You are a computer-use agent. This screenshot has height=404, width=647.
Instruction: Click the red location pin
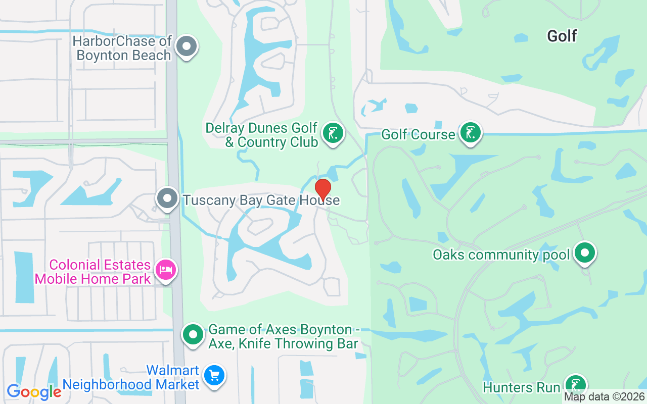323,189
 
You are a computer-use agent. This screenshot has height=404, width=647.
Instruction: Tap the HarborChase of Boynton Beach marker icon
187,47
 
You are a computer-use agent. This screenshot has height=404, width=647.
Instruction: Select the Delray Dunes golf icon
333,134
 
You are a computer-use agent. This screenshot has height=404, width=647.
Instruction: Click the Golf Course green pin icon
471,133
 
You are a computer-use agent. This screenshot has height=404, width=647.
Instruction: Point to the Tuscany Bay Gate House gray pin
167,199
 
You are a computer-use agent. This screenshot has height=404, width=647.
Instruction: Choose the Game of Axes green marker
193,334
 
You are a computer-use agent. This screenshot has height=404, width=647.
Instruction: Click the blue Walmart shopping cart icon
215,376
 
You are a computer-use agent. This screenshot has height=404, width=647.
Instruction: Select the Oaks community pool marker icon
585,253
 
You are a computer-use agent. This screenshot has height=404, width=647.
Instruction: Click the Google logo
34,392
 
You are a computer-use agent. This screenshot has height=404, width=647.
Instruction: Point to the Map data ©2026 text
604,397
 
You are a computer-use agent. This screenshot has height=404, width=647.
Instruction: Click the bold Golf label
562,36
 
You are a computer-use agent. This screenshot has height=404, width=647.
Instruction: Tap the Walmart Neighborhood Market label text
131,378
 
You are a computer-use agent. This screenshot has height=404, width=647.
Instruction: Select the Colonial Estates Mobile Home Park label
100,272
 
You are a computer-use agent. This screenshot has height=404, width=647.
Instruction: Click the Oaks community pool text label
501,255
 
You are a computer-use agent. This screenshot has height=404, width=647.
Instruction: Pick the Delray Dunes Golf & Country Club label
262,135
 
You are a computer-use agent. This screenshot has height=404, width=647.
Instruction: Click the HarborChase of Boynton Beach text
122,48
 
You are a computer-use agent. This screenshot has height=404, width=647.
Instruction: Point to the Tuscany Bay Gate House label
261,200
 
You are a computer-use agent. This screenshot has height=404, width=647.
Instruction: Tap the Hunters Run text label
521,388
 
